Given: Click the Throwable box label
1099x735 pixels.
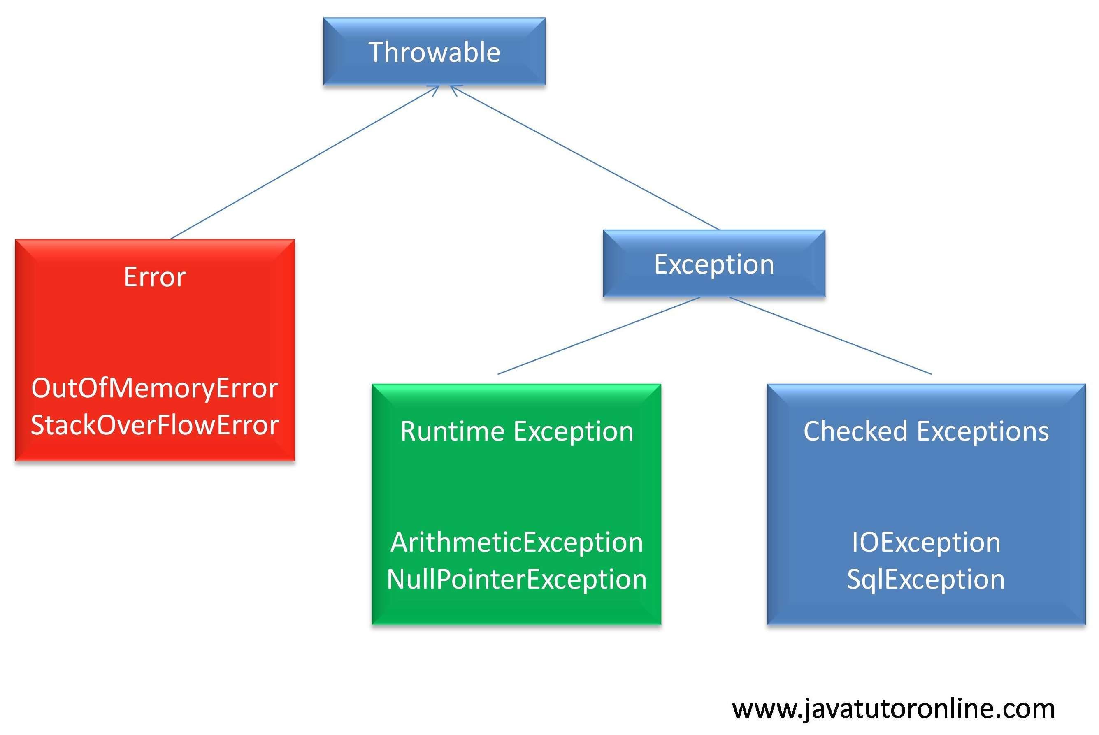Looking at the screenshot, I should (434, 52).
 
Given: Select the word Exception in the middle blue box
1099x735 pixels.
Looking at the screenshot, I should (713, 264).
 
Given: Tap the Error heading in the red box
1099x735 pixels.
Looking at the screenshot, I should (155, 277).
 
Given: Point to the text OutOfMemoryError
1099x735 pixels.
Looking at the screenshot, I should (155, 388).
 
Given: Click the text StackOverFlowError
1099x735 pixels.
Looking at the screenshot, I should (155, 425).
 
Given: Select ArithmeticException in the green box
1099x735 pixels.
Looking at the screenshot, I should (517, 543).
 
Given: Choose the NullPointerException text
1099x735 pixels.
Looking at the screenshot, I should (517, 580).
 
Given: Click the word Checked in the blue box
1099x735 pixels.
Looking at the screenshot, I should (855, 431).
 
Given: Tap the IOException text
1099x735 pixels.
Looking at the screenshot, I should (926, 543).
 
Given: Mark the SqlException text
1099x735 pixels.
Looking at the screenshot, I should (926, 580).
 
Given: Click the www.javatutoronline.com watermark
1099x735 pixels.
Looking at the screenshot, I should (893, 708).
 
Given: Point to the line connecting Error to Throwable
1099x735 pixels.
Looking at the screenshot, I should (305, 162).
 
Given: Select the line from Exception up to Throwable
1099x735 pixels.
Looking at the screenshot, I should (584, 158).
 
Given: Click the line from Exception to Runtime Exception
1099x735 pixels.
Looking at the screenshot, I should (599, 336).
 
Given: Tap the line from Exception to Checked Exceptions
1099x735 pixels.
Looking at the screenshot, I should (830, 336).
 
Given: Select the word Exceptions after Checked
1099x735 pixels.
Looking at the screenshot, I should (983, 431).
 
